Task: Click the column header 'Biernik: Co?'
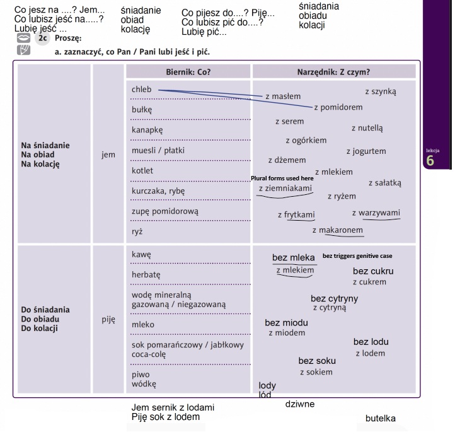(x=188, y=72)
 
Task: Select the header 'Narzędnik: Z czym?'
(x=333, y=72)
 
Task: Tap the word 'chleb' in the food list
(x=142, y=89)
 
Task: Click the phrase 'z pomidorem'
(x=338, y=107)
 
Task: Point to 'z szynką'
(x=381, y=91)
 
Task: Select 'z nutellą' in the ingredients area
(x=367, y=128)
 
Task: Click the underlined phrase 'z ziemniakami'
(x=285, y=188)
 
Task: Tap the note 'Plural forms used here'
(x=282, y=178)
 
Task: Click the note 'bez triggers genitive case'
(x=357, y=256)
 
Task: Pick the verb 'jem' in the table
(x=108, y=154)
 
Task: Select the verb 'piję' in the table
(x=108, y=320)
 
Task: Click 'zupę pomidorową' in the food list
(x=165, y=211)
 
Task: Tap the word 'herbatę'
(x=146, y=275)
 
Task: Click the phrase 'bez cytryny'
(x=334, y=298)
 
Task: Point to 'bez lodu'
(x=371, y=342)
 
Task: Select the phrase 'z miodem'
(x=287, y=333)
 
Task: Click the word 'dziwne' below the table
(x=300, y=404)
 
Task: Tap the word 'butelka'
(x=381, y=419)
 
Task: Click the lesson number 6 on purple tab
(x=430, y=161)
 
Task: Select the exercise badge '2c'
(x=42, y=38)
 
